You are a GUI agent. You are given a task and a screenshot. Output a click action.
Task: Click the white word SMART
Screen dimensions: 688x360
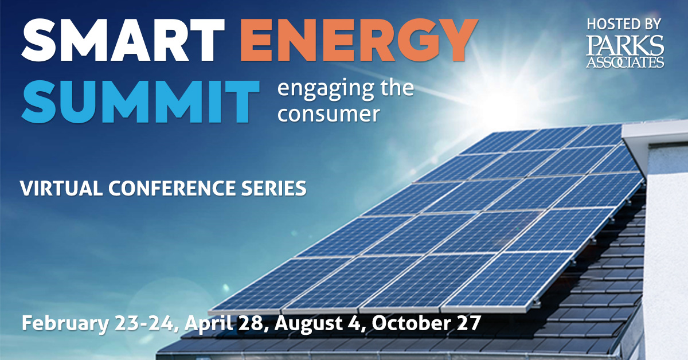(x=123, y=40)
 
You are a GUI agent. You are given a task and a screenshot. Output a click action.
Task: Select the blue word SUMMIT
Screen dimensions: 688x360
(x=140, y=101)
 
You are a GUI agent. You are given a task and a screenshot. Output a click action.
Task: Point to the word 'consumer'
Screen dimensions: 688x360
(x=329, y=114)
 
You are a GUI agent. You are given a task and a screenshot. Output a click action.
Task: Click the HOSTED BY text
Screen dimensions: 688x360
(x=624, y=24)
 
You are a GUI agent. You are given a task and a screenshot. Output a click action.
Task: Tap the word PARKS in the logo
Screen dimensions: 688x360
(x=625, y=45)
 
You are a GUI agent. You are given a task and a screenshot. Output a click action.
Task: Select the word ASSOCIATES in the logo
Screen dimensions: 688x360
(x=625, y=62)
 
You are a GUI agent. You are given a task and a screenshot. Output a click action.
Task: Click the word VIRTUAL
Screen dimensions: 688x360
(x=61, y=188)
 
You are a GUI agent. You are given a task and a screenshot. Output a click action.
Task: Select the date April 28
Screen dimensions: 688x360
(x=224, y=324)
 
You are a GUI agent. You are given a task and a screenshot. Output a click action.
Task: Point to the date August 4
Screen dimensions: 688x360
(x=317, y=324)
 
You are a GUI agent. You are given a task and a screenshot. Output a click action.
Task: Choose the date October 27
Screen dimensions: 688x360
(x=426, y=323)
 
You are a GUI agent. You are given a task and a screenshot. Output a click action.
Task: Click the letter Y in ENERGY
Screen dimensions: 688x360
(x=458, y=40)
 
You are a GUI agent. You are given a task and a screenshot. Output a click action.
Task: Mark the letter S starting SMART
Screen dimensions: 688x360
(x=40, y=40)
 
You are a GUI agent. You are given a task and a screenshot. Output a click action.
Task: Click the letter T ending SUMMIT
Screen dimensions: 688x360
(x=241, y=101)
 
